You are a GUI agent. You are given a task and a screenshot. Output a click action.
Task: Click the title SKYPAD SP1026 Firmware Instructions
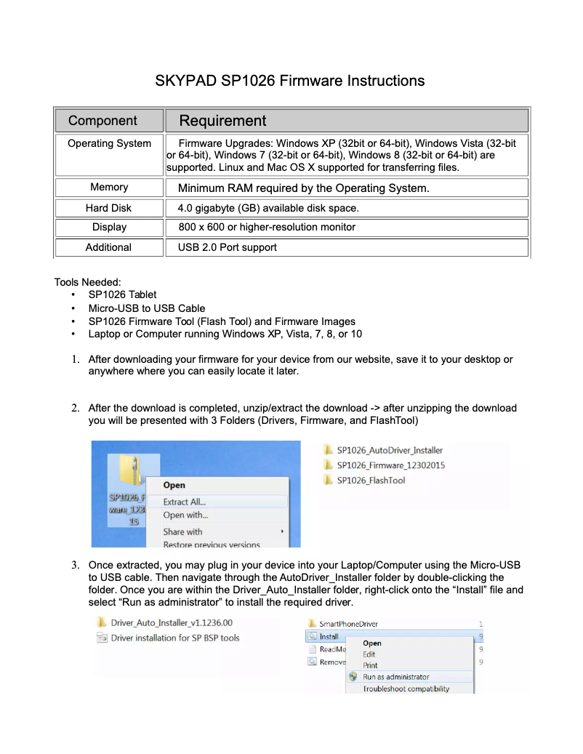coord(289,81)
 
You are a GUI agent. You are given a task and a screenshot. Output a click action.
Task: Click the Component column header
coord(102,121)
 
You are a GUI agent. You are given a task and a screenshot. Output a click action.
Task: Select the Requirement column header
coord(222,121)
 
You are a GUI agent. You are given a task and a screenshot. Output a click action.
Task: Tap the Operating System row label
coord(109,143)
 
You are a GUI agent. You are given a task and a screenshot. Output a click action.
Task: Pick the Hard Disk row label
coord(108,208)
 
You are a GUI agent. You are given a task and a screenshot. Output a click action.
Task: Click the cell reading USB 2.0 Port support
coord(228,247)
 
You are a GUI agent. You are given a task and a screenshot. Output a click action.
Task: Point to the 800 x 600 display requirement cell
coord(267,227)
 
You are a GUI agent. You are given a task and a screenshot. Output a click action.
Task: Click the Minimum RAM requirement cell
coord(303,188)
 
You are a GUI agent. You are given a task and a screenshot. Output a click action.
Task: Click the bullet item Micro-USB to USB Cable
coord(147,308)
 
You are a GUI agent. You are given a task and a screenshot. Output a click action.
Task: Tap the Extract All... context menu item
coord(185,502)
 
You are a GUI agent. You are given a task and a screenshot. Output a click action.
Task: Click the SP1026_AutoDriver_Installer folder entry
coord(390,450)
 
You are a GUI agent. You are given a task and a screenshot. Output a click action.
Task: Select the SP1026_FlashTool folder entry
coord(371,481)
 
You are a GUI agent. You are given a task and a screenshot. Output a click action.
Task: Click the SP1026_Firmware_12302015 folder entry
coord(391,465)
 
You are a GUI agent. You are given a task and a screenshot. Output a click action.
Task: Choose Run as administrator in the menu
coord(396,676)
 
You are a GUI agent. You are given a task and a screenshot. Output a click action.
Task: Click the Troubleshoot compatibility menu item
coord(406,689)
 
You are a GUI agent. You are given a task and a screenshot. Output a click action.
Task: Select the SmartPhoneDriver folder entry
coord(348,624)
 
